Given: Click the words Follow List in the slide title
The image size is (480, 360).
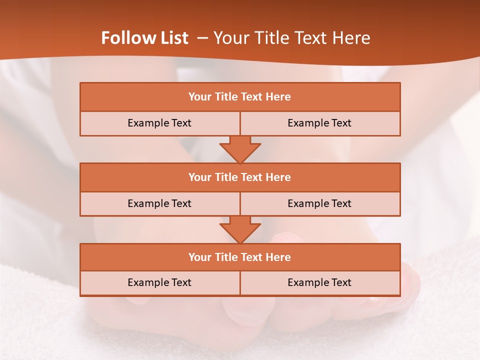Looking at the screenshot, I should pyautogui.click(x=145, y=38).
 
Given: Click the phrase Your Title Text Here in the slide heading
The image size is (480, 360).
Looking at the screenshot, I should pyautogui.click(x=292, y=38).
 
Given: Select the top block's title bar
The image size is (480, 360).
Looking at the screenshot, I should pyautogui.click(x=240, y=97).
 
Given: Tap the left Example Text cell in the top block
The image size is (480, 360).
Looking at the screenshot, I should pyautogui.click(x=159, y=123).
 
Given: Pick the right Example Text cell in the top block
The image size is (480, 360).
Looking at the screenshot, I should pyautogui.click(x=319, y=123).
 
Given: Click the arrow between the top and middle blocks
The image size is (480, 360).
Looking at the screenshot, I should pyautogui.click(x=240, y=149).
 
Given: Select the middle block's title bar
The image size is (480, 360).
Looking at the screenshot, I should pyautogui.click(x=240, y=177).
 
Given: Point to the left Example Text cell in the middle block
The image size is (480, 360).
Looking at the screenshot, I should pyautogui.click(x=159, y=203).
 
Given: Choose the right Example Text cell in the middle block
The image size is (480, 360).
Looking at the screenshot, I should pyautogui.click(x=319, y=203).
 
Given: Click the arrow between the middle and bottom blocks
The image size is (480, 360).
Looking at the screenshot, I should pyautogui.click(x=240, y=230).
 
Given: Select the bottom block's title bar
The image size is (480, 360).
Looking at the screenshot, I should pyautogui.click(x=240, y=257).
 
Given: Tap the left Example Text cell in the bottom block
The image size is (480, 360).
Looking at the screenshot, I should pyautogui.click(x=159, y=282).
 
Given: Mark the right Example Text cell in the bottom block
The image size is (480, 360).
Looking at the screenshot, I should pyautogui.click(x=319, y=282).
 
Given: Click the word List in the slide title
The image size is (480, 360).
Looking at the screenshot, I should pyautogui.click(x=173, y=38).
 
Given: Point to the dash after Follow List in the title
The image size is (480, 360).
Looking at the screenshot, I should pyautogui.click(x=202, y=38).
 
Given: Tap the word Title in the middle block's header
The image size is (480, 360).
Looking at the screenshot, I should pyautogui.click(x=225, y=177).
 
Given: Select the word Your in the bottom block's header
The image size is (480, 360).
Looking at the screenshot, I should pyautogui.click(x=199, y=257).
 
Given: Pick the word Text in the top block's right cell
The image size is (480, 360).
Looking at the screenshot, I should pyautogui.click(x=341, y=123).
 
